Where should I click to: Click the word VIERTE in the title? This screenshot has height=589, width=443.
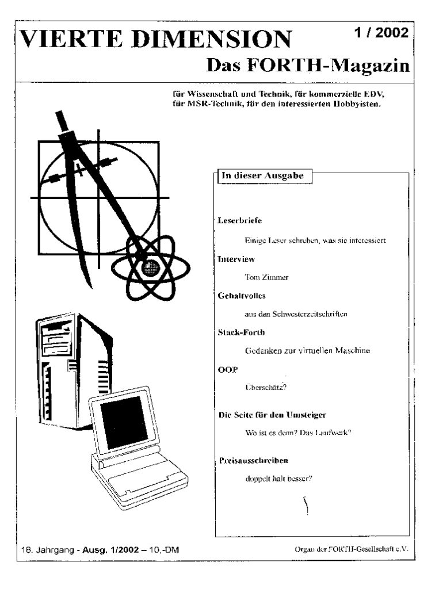pyautogui.click(x=63, y=40)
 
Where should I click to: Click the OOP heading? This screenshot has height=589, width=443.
pyautogui.click(x=227, y=369)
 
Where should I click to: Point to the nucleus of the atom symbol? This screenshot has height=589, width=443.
pyautogui.click(x=151, y=267)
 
